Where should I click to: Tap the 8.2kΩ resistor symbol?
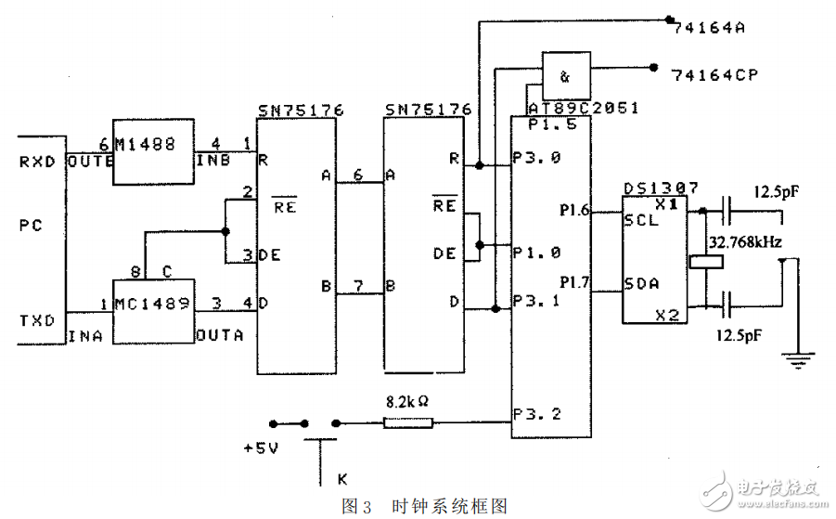click(408, 423)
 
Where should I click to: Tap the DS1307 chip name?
click(661, 188)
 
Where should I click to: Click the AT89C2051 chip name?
click(583, 108)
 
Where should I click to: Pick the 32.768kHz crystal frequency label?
click(744, 242)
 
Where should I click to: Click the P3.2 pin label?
click(537, 414)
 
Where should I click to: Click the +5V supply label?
click(262, 448)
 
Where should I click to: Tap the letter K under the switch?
click(342, 480)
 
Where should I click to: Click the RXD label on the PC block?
click(38, 161)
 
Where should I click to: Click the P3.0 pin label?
click(537, 158)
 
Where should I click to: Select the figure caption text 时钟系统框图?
click(449, 506)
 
